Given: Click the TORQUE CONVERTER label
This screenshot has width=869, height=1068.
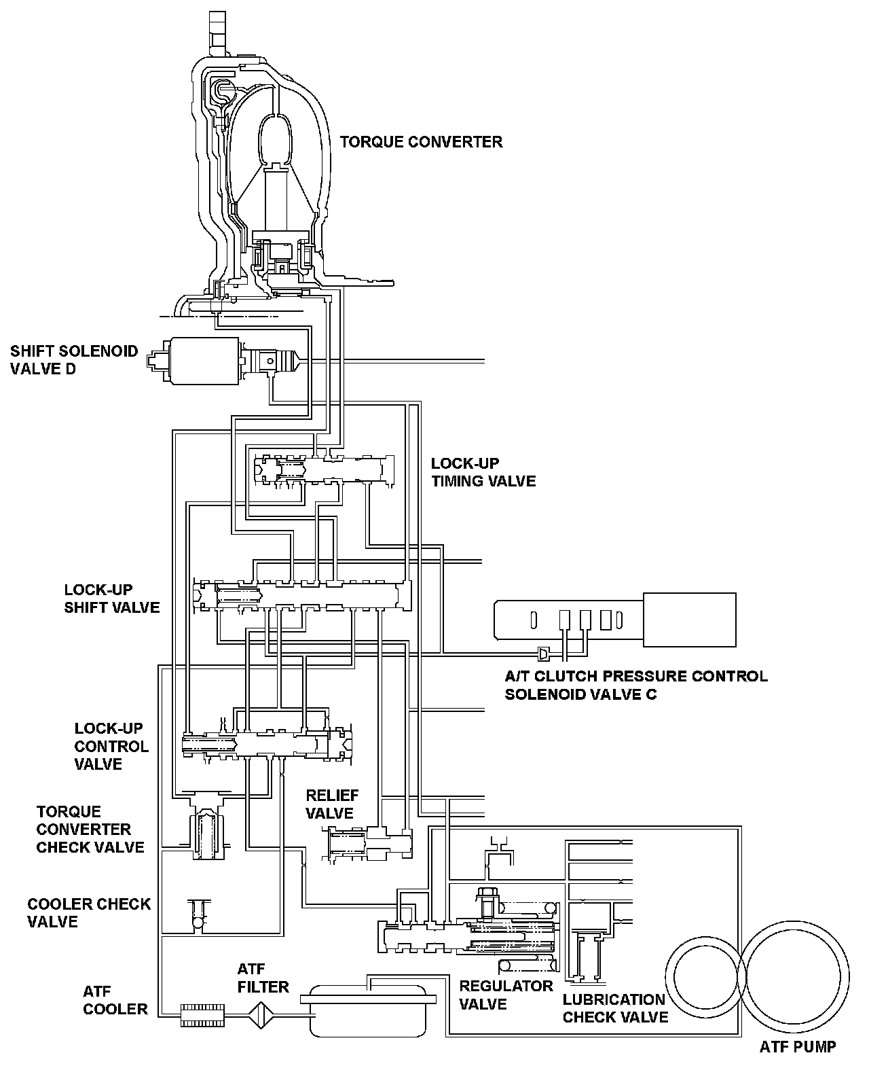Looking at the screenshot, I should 421,142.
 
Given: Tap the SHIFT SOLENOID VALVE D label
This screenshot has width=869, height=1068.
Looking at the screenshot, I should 73,360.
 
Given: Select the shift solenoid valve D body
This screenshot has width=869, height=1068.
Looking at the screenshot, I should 203,361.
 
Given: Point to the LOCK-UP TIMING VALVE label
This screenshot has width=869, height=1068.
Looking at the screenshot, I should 483,472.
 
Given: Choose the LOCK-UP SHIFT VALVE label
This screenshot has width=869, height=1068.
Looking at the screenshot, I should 112,598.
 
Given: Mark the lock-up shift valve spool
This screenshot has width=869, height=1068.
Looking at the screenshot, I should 306,596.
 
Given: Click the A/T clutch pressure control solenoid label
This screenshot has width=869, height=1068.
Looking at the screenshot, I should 636,685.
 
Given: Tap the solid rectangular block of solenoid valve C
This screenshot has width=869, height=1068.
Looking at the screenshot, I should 689,619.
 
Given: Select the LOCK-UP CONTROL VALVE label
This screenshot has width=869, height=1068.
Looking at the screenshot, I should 111,746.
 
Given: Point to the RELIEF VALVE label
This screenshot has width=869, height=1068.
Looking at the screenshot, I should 332,804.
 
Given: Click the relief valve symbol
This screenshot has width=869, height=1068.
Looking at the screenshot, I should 370,846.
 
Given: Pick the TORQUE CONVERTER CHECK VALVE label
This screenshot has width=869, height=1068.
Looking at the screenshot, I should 90,829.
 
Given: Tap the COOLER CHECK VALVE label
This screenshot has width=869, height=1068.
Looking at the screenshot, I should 89,912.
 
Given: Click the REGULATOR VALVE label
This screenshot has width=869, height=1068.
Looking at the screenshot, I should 506,995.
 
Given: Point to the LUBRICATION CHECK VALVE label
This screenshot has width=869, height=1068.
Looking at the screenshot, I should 614,1008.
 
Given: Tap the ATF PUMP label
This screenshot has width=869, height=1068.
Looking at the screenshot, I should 797,1046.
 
